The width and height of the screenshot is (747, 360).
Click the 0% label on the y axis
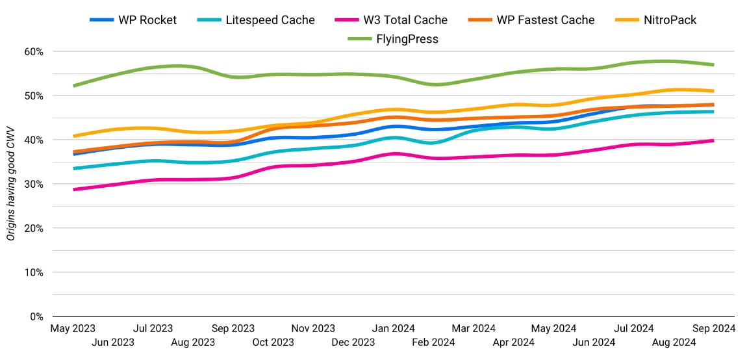pyautogui.click(x=36, y=316)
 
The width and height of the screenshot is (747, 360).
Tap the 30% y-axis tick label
pyautogui.click(x=34, y=184)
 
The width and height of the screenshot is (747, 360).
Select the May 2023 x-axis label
pyautogui.click(x=73, y=329)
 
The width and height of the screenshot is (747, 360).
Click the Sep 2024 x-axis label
pyautogui.click(x=714, y=329)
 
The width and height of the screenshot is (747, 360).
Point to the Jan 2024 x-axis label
pyautogui.click(x=394, y=329)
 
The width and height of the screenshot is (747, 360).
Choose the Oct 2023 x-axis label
pyautogui.click(x=273, y=342)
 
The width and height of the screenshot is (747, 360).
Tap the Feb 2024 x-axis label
pyautogui.click(x=433, y=342)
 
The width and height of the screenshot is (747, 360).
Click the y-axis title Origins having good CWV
pyautogui.click(x=11, y=184)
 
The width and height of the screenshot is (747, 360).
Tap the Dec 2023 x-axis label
pyautogui.click(x=353, y=342)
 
